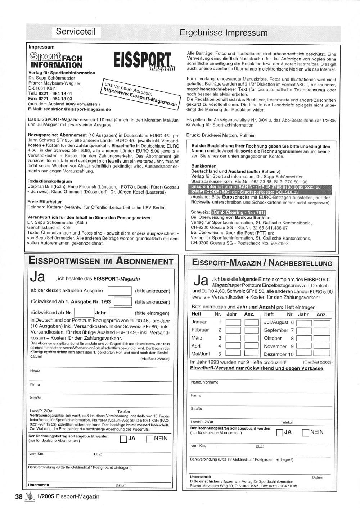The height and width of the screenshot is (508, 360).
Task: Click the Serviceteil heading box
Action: click(76, 32)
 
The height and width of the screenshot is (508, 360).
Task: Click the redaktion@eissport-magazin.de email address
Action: click(77, 109)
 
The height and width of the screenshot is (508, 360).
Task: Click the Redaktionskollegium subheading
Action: click(50, 181)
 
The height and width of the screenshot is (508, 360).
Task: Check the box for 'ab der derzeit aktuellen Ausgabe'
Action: click(120, 291)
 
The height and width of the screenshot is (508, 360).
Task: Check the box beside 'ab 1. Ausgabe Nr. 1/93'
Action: click(122, 302)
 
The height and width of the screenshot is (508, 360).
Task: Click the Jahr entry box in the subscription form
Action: click(120, 313)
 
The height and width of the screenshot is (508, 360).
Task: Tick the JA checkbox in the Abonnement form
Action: click(123, 439)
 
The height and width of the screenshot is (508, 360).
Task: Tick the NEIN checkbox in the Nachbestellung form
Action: click(305, 432)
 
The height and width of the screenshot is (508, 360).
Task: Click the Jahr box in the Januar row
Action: click(233, 322)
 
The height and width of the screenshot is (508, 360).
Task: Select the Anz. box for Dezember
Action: click(321, 354)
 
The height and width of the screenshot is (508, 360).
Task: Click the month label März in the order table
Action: click(197, 338)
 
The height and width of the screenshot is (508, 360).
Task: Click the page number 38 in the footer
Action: click(19, 497)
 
